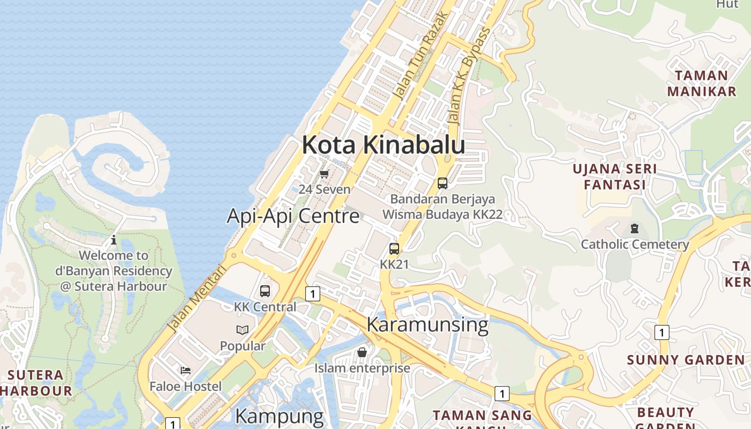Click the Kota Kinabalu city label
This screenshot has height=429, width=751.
[383, 145]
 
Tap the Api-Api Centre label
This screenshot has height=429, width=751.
[293, 216]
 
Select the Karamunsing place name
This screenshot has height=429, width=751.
[427, 325]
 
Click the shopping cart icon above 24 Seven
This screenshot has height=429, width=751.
[324, 174]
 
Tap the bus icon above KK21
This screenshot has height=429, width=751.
[394, 249]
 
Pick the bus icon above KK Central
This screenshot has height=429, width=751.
[265, 291]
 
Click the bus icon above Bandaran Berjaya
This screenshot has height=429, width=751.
[443, 183]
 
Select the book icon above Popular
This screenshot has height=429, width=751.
[242, 330]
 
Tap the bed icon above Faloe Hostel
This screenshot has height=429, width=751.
[186, 370]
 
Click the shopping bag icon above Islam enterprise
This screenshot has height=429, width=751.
[362, 352]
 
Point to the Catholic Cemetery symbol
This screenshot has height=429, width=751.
[635, 228]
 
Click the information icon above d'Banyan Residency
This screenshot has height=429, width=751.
[114, 240]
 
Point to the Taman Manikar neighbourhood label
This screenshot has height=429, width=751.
[702, 83]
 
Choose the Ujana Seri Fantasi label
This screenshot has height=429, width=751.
[614, 177]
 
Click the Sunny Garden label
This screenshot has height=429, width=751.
[686, 360]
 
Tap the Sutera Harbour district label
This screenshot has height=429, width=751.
[36, 382]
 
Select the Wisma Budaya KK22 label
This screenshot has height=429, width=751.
[442, 214]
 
